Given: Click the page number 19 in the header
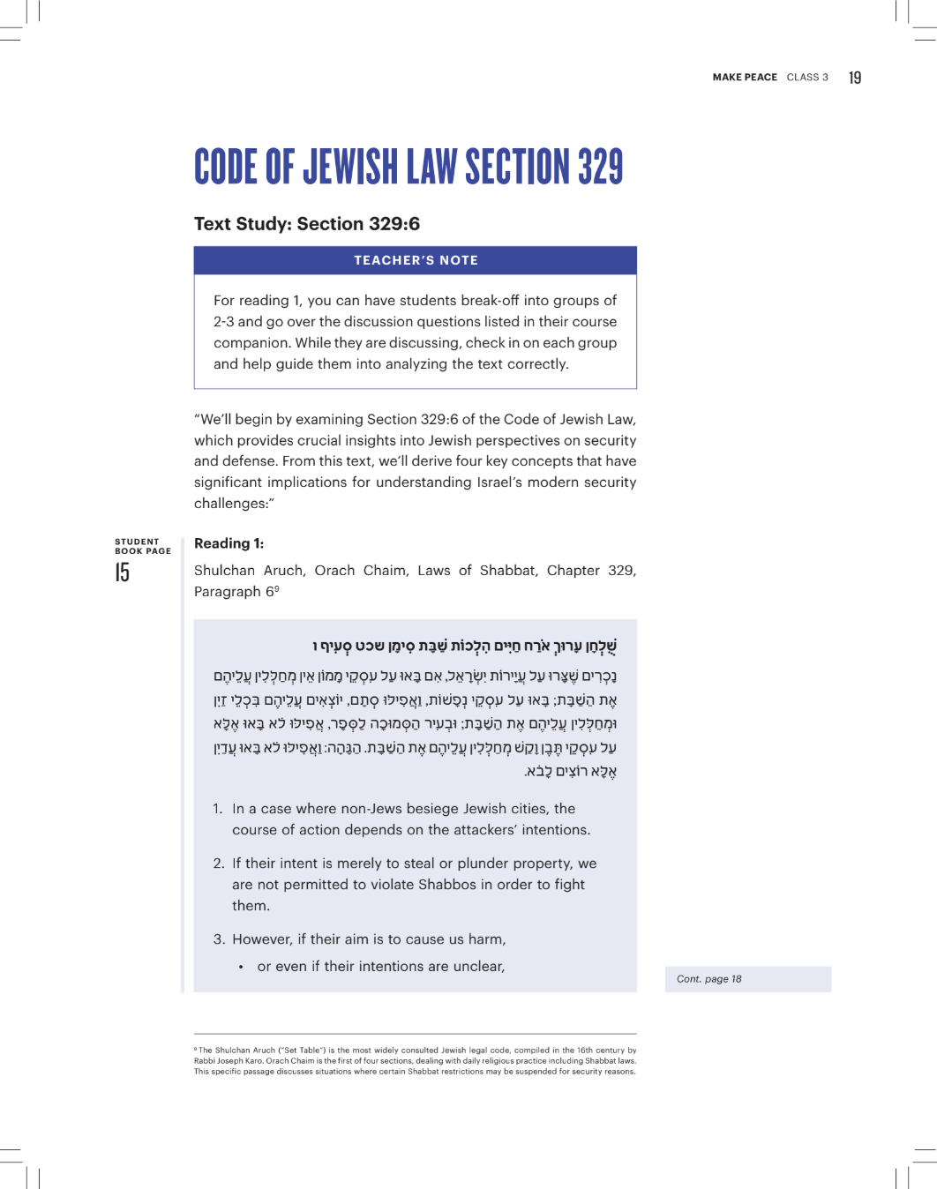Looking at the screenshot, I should (x=855, y=78).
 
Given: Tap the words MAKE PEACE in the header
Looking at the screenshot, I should (x=745, y=78).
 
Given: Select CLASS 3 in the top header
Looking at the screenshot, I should (x=807, y=78).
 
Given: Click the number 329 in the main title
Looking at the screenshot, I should (x=601, y=167).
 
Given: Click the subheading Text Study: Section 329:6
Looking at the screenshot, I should (x=307, y=224).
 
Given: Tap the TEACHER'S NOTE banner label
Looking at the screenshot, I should (x=416, y=260).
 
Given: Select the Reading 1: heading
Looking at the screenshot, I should (x=229, y=543).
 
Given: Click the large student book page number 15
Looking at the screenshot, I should (x=122, y=572).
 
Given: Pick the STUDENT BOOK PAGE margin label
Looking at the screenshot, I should (x=142, y=546).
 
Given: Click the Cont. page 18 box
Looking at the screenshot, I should (x=709, y=979).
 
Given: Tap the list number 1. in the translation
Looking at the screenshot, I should (x=217, y=809).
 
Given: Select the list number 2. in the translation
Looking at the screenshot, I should (x=218, y=864).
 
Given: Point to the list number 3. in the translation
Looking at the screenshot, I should (x=218, y=939).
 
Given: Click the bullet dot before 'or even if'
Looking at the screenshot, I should (x=241, y=968).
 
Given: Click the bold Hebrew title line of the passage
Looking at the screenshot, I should (x=464, y=647).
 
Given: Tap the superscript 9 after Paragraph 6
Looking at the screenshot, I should (x=276, y=588).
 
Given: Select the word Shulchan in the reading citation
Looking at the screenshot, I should (x=224, y=571).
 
